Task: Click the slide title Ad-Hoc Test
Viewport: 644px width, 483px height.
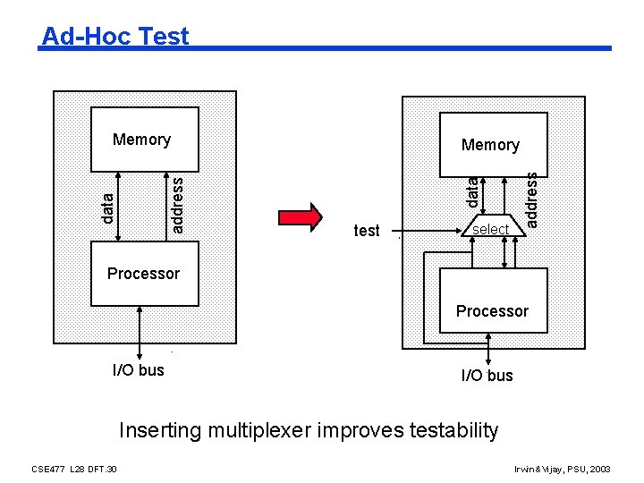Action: coord(115,36)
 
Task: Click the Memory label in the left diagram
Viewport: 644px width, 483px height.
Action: coord(141,140)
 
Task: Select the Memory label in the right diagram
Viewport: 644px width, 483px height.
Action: coord(490,145)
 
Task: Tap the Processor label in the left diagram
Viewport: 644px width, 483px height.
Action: coord(143,274)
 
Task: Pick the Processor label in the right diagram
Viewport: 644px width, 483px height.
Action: coord(492,311)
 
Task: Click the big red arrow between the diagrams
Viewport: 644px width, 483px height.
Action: coord(301,218)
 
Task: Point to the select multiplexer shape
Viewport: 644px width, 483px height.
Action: coord(490,228)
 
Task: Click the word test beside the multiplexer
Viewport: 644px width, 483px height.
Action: coord(367,231)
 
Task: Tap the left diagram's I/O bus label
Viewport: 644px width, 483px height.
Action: coord(139,369)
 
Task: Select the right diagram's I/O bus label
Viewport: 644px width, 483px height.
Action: coord(487,376)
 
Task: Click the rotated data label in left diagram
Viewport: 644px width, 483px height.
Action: coord(107,208)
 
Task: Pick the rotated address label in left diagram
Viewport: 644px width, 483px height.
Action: coord(177,205)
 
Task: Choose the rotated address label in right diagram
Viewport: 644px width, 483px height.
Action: coord(531,199)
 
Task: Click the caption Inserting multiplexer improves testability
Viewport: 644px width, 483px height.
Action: coord(309,430)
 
